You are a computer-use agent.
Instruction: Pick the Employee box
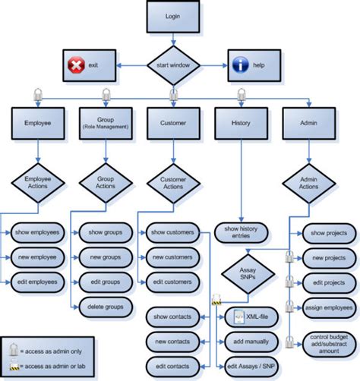(37, 121)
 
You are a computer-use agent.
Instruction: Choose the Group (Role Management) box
(105, 121)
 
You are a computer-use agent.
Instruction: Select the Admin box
(308, 121)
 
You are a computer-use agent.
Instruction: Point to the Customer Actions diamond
(172, 183)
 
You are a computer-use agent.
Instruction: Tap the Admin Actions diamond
(308, 183)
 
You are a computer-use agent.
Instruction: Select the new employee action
(37, 257)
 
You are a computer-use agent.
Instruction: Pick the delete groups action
(105, 307)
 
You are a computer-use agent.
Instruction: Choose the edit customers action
(173, 282)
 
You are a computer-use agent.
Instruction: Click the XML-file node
(243, 316)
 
